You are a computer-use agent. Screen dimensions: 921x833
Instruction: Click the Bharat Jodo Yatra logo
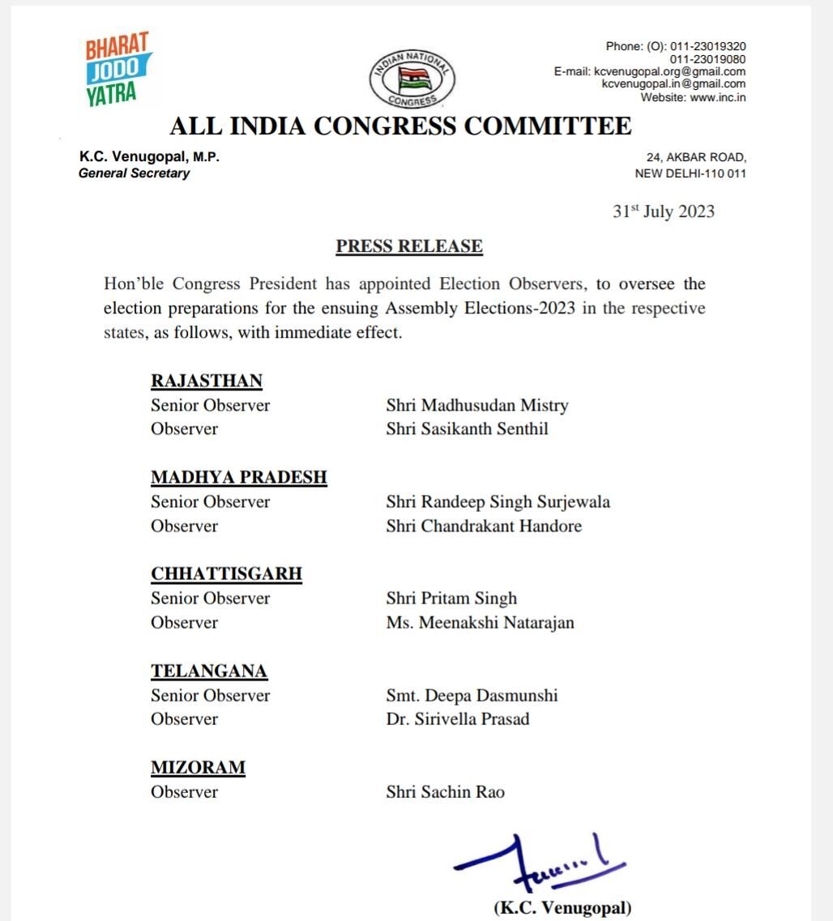click(117, 70)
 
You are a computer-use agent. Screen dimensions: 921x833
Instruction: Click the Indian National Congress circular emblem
click(412, 79)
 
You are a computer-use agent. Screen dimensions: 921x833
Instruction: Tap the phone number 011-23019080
click(707, 58)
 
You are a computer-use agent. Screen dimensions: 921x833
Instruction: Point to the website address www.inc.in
click(718, 97)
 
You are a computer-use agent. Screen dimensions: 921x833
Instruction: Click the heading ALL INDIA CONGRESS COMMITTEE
click(400, 126)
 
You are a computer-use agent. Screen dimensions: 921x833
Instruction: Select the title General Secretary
click(134, 173)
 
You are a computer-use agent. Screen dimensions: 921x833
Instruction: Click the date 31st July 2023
click(663, 211)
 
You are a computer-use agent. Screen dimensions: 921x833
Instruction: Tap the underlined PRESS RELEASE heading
click(409, 246)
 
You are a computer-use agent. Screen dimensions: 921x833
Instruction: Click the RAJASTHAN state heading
click(207, 381)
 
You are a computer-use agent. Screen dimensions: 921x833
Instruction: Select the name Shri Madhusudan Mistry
click(477, 405)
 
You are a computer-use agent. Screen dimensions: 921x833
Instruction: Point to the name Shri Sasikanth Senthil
click(467, 429)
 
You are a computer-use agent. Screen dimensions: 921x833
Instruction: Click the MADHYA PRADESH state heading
click(239, 477)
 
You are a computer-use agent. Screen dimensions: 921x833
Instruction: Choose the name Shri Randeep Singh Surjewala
click(498, 501)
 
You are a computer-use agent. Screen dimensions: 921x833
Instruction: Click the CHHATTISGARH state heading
click(226, 573)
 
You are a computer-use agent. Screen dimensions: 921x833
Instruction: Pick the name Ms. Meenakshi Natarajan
click(480, 622)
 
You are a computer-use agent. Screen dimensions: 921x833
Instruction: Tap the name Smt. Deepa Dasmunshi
click(472, 695)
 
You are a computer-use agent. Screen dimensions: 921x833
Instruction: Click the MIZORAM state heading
click(198, 767)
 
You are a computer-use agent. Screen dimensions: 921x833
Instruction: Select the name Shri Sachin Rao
click(445, 791)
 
